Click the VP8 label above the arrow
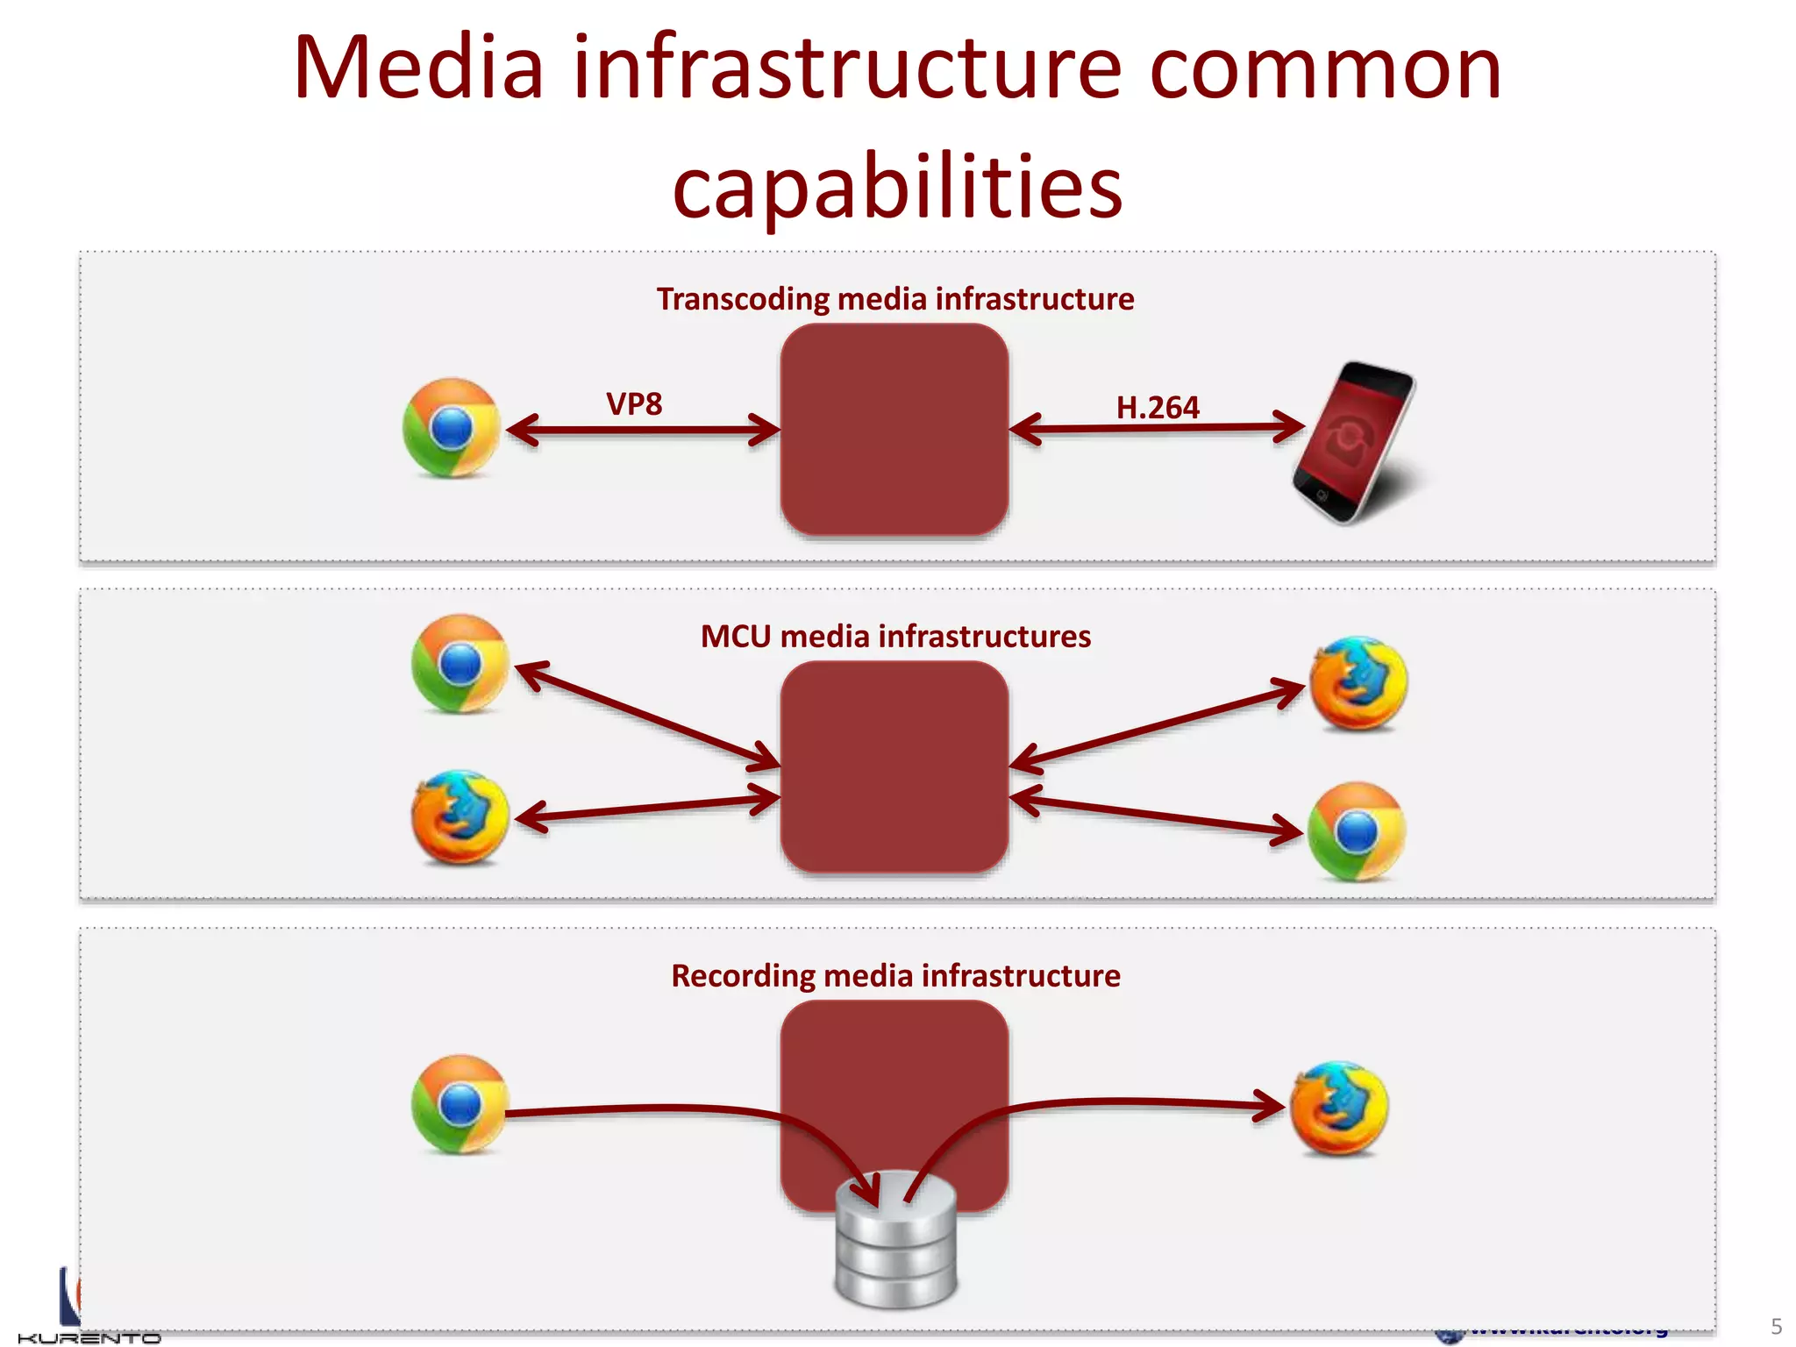[634, 404]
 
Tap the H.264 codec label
[1157, 408]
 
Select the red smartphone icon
[1353, 442]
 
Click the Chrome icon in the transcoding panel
[452, 428]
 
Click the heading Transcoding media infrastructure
[895, 299]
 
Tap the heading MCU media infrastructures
[895, 636]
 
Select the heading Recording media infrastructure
[895, 975]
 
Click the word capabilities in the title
[897, 187]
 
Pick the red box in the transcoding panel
[894, 430]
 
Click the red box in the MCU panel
[894, 766]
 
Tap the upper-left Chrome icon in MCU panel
[460, 664]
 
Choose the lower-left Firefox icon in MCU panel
[460, 817]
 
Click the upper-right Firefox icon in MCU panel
[1358, 684]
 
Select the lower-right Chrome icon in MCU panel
[1357, 831]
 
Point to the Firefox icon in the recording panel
[1339, 1108]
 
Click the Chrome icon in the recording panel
[460, 1104]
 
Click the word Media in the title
[419, 68]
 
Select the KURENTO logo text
[89, 1338]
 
